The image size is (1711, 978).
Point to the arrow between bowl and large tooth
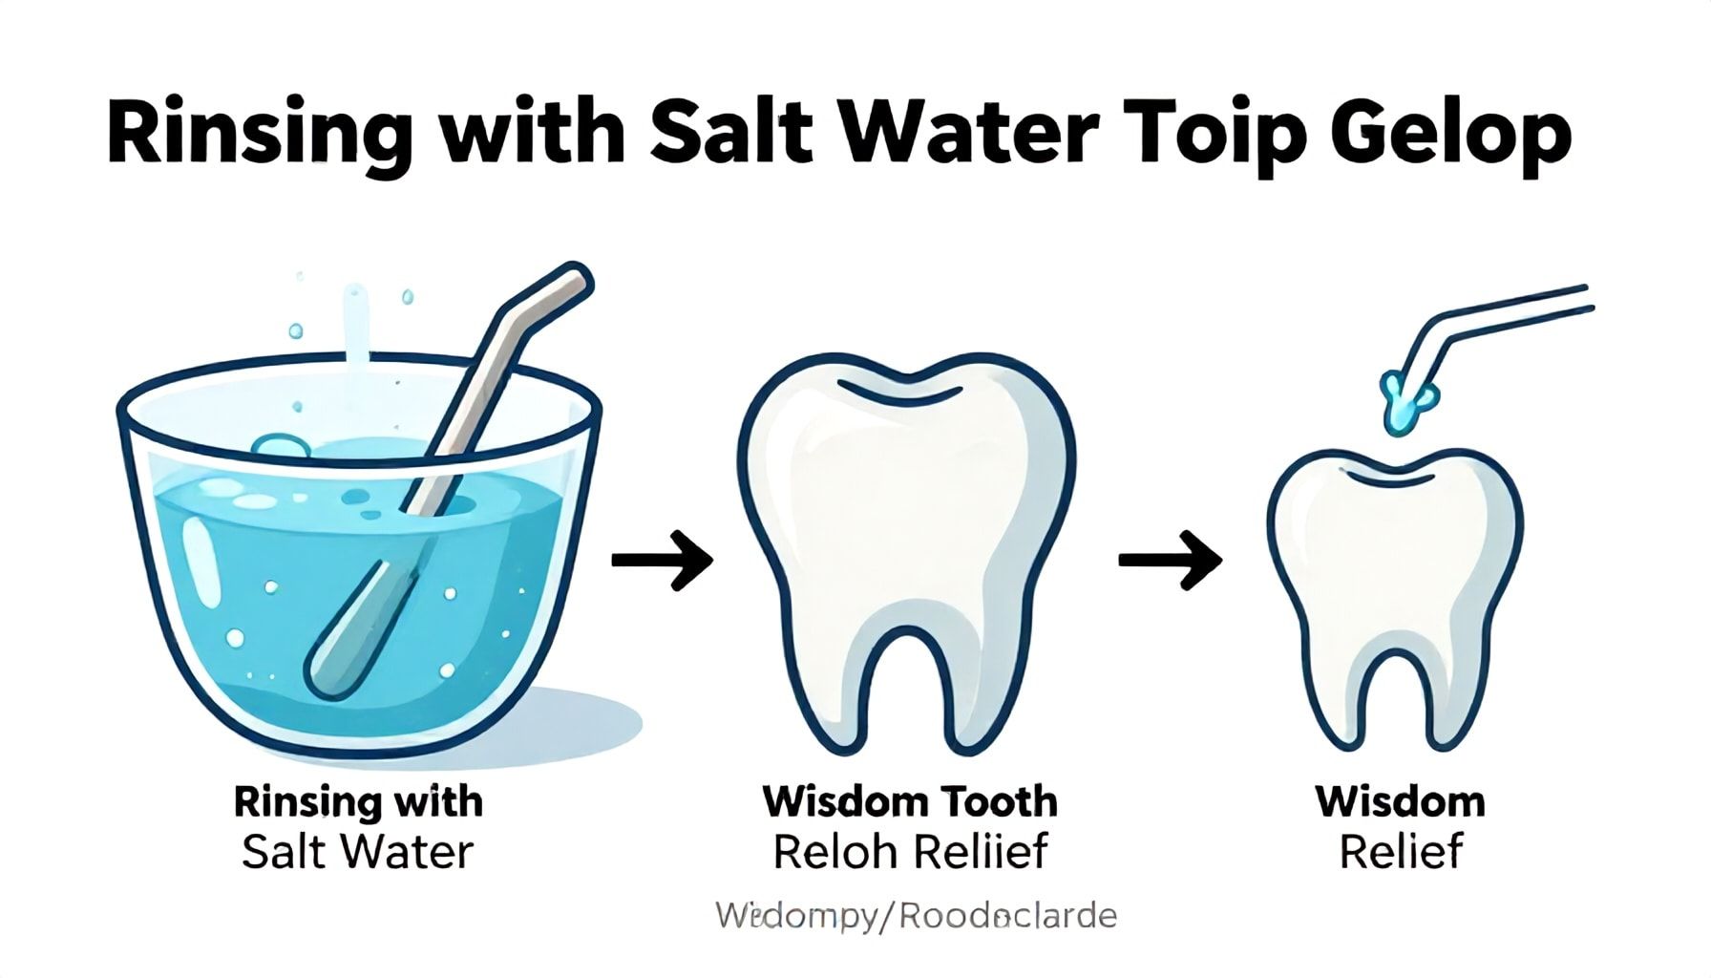(x=662, y=559)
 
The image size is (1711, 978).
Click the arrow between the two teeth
(x=1170, y=559)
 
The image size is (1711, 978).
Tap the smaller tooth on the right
(x=1395, y=583)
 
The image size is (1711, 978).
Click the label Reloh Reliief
(x=910, y=852)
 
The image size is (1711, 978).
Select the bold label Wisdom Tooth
(x=910, y=801)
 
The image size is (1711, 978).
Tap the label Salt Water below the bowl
(x=357, y=852)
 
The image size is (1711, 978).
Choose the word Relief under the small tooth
(x=1400, y=852)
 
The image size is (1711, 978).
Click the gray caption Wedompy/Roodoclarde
(x=916, y=917)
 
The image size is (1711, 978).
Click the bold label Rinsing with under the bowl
(x=358, y=801)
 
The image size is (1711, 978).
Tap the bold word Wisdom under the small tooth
(x=1400, y=801)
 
